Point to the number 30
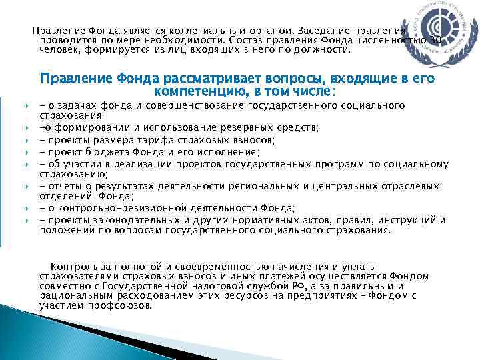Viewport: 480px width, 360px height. [435, 40]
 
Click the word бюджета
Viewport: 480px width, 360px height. [106, 151]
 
